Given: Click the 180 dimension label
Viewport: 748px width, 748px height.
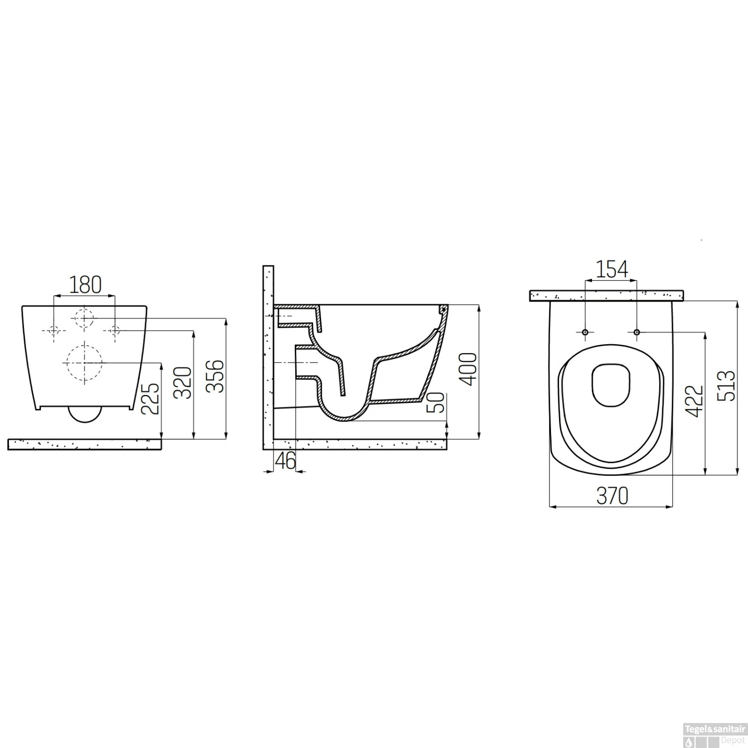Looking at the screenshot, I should (x=85, y=284).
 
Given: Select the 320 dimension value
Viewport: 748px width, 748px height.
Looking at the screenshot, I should (x=183, y=383).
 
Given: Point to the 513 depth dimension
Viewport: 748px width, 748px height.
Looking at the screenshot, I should (x=728, y=385).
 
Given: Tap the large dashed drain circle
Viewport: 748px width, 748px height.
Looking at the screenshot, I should (x=85, y=363).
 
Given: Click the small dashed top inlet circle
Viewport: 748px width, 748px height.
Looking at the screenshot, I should (x=84, y=317).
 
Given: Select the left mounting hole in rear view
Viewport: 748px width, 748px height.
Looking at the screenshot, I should (x=54, y=330).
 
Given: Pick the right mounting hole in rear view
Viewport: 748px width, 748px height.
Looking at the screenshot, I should (x=115, y=330).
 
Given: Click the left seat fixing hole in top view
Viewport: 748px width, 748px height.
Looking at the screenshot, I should (x=585, y=332).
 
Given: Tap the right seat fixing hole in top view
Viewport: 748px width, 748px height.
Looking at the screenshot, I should (x=637, y=332).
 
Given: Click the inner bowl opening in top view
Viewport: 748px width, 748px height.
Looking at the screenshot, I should (x=611, y=384).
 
